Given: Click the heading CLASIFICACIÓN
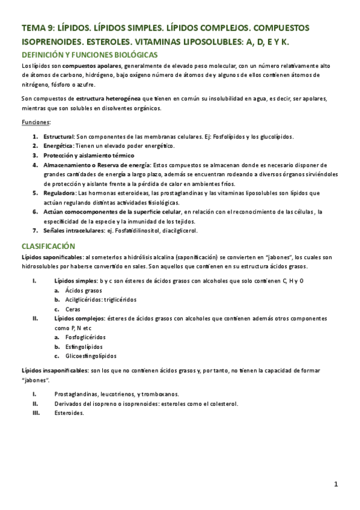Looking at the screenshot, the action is [x=48, y=246].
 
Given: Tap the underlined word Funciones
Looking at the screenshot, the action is [x=35, y=123].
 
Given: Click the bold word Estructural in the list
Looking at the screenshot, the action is [x=58, y=137].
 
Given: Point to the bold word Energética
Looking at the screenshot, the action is [x=58, y=146].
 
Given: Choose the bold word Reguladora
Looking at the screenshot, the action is [x=59, y=193].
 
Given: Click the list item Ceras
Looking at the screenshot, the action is [x=73, y=309].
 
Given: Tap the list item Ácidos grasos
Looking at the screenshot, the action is [x=84, y=290].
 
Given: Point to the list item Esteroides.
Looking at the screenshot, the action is [x=69, y=413].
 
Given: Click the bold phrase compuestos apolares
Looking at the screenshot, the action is [x=92, y=66].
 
